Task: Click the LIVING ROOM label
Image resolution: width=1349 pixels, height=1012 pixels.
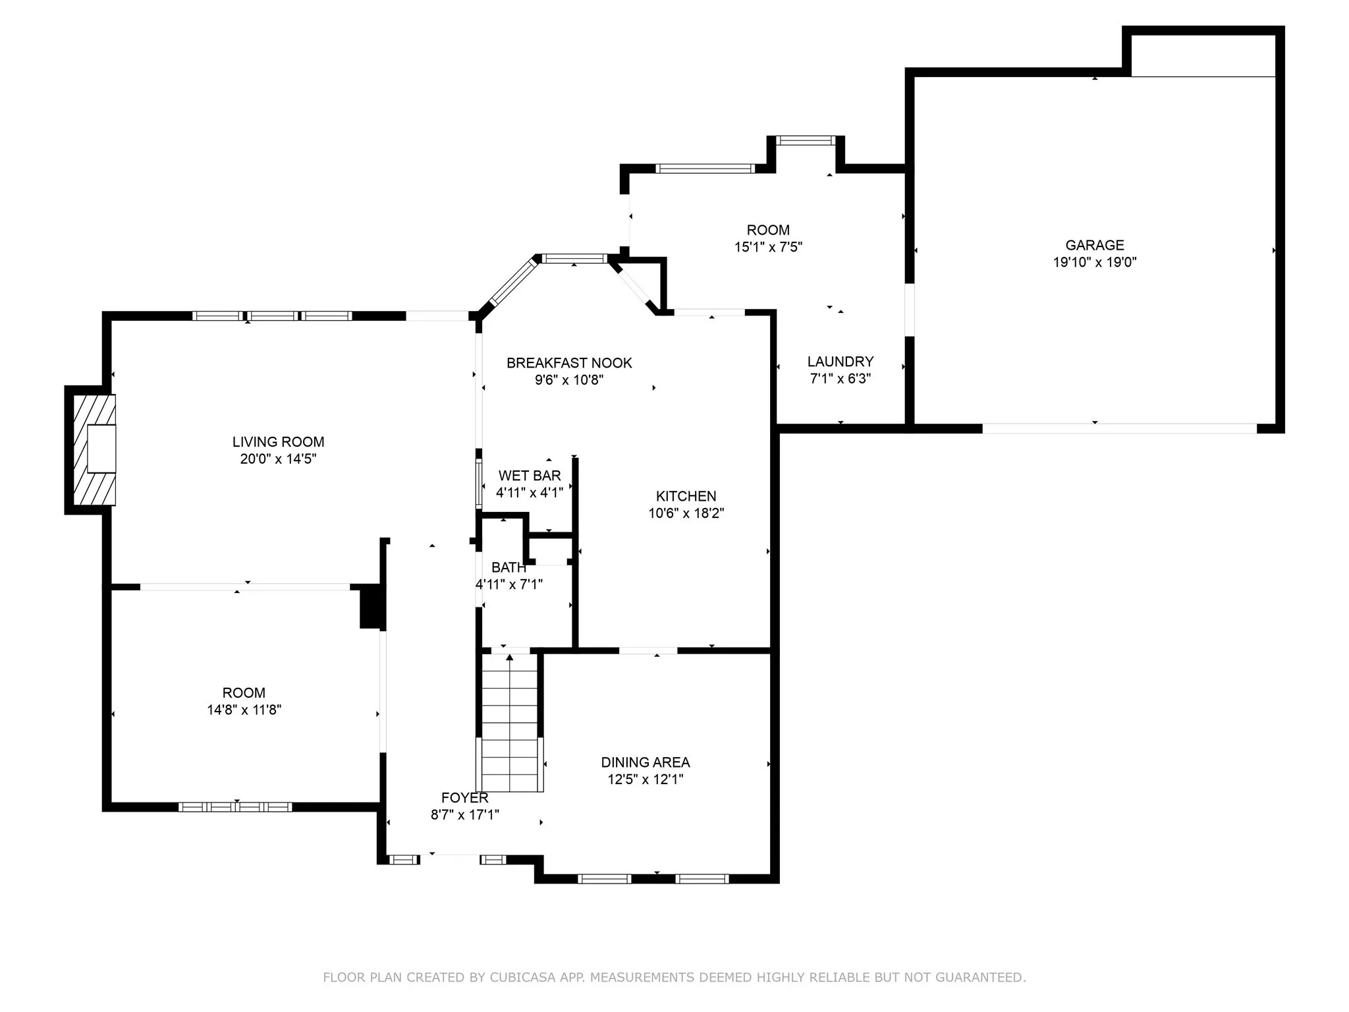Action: pos(278,442)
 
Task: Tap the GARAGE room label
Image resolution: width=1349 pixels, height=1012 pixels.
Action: pos(1095,245)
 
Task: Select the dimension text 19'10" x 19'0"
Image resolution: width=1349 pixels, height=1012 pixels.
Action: pos(1095,262)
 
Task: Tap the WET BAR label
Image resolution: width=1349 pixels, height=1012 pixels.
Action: pos(530,476)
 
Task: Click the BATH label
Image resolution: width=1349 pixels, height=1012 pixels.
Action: pos(509,567)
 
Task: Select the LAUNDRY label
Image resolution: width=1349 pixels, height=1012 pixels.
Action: pos(840,362)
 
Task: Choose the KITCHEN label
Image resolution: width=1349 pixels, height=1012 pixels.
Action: pos(686,496)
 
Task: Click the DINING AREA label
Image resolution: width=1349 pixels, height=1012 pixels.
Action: pos(646,762)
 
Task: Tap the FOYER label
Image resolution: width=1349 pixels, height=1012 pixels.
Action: pos(465,798)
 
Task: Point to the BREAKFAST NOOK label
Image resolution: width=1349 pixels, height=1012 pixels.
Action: pos(569,363)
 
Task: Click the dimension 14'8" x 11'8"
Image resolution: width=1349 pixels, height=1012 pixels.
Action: pos(244,710)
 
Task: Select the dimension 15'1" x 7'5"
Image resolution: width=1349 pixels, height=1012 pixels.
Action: pos(768,247)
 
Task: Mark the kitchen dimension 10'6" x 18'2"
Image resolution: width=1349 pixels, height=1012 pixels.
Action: pos(686,513)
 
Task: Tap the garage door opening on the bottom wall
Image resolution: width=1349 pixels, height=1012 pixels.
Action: pos(1120,428)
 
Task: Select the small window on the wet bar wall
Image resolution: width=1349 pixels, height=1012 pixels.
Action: pos(479,484)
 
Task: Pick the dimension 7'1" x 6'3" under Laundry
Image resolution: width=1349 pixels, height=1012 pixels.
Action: pos(840,379)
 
